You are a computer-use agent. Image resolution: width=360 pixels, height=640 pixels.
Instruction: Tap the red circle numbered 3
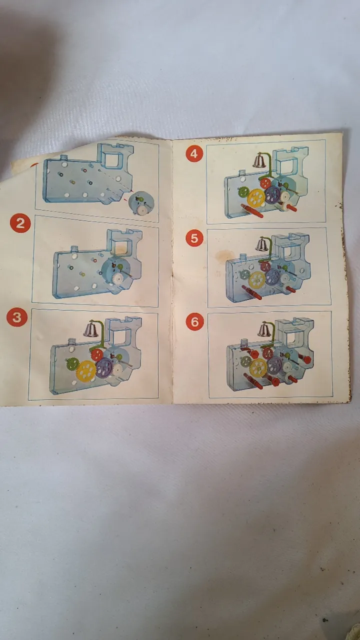[17, 317]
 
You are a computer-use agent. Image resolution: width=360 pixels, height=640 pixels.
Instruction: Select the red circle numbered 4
[194, 153]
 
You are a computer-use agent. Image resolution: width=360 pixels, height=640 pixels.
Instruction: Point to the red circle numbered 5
[194, 238]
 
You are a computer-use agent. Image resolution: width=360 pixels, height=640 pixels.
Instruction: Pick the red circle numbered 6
[194, 321]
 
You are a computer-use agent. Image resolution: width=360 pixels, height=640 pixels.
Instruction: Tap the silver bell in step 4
[259, 160]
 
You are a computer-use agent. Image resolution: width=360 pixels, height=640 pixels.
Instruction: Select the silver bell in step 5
[261, 244]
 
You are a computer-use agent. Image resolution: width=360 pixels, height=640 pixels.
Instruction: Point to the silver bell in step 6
[264, 329]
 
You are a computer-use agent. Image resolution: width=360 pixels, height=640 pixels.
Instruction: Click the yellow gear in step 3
[86, 370]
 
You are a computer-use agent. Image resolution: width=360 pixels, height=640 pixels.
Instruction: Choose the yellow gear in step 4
[256, 197]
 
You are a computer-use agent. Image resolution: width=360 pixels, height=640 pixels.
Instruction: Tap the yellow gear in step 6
[258, 367]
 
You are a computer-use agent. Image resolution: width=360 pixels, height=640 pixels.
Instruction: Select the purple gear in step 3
[104, 367]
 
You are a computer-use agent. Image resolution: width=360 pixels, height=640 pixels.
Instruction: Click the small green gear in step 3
[72, 363]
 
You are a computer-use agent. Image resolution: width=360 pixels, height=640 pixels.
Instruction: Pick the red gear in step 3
[97, 354]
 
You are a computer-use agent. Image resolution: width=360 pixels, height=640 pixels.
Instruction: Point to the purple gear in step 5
[273, 277]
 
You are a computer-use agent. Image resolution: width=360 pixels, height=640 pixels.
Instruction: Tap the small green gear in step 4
[243, 191]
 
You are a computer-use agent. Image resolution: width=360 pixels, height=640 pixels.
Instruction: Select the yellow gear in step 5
[256, 280]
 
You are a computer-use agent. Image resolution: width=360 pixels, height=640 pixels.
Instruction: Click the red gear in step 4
[265, 183]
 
